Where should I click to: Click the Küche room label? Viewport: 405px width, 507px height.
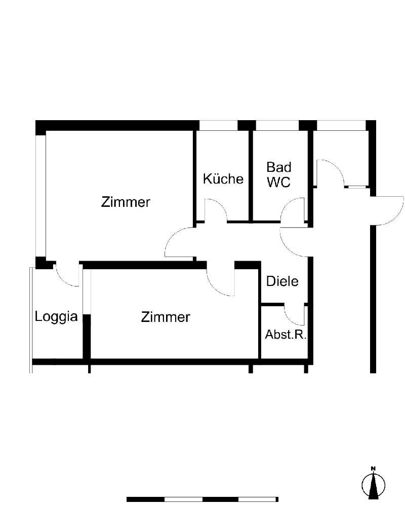coord(223,179)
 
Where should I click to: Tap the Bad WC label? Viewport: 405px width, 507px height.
coord(279,174)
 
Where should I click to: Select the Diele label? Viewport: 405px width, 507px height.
coord(282,281)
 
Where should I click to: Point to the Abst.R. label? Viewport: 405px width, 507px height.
coord(286,335)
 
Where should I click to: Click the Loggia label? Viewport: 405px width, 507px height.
coord(56,317)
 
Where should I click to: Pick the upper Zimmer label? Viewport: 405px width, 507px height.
coord(126,202)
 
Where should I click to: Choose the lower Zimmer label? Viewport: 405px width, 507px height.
coord(166,317)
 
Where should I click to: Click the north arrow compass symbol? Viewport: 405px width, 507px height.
coord(373,484)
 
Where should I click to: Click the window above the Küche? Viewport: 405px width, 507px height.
coord(218,125)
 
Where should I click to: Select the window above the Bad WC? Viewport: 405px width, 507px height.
coord(277,125)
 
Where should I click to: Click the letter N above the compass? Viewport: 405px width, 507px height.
coord(373,468)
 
